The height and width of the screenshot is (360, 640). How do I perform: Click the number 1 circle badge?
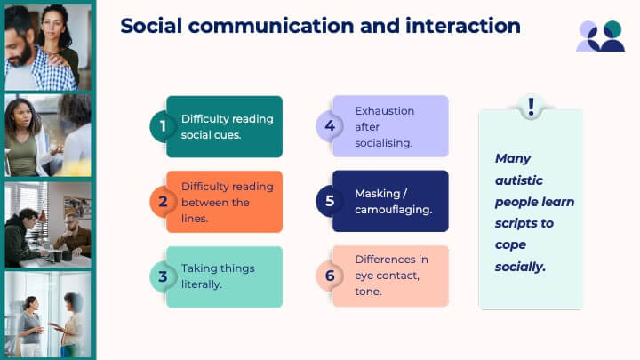point(162,126)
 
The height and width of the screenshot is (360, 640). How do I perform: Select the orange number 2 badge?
point(162,201)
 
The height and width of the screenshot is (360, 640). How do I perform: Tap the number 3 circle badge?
point(162,276)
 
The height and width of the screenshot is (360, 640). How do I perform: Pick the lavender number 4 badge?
point(329,125)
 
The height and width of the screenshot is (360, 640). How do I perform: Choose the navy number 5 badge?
point(329,201)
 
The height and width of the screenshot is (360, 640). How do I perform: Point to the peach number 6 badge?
point(329,276)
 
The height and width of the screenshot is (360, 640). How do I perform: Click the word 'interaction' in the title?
point(463,26)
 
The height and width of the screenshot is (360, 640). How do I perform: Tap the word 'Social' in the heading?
point(151,26)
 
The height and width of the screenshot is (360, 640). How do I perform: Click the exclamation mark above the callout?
point(531,107)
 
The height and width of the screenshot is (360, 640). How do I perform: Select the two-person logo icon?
point(600,36)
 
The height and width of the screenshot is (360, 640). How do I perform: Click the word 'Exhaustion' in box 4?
point(385,111)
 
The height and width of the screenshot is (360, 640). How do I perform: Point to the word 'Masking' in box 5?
point(378,194)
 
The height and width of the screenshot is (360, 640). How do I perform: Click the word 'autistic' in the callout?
point(519,180)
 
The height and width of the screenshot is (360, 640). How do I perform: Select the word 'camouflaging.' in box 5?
point(393,210)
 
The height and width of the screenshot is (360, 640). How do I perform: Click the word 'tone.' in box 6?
point(368,292)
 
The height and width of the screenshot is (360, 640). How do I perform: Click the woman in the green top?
point(25,137)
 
